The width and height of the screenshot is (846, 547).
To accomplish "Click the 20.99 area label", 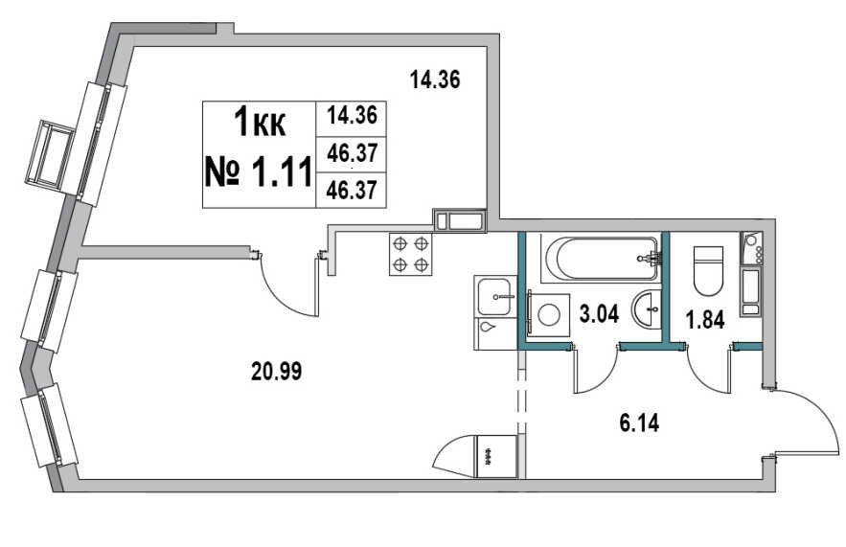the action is [276, 371].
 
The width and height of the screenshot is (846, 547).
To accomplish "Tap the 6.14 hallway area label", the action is [639, 422].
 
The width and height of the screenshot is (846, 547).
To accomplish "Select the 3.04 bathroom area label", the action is [599, 313].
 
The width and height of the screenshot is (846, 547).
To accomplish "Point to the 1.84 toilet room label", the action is [704, 320].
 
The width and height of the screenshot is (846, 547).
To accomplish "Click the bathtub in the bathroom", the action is [603, 259].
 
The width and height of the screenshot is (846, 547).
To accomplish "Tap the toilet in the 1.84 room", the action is [708, 270].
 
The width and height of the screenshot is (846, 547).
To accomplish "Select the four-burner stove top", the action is [411, 254].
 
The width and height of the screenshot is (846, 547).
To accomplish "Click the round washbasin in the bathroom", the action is [646, 308].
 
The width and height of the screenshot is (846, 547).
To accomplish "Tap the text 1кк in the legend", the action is [260, 123].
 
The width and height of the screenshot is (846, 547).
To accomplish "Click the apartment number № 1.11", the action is [259, 171].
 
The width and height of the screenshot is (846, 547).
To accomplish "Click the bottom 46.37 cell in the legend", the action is [352, 191].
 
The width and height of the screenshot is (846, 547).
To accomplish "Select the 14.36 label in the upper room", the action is [435, 80].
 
